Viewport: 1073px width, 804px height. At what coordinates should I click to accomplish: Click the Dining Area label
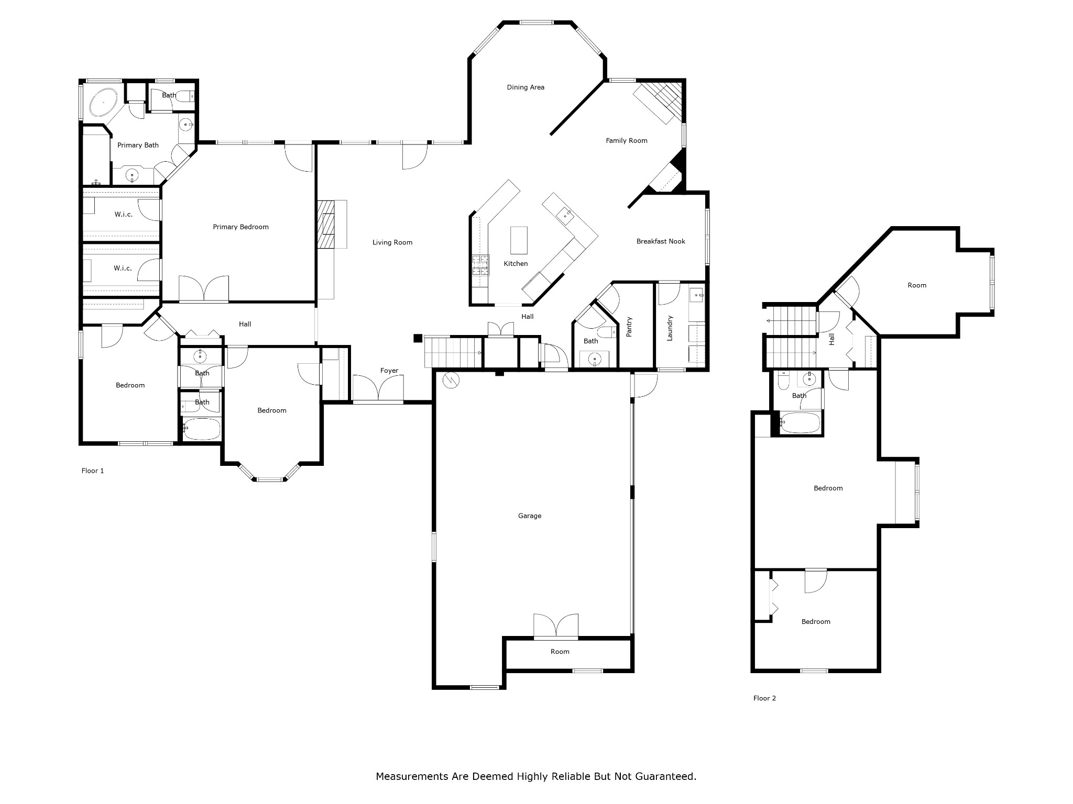point(525,87)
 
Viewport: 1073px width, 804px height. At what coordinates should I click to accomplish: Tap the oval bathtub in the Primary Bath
point(104,102)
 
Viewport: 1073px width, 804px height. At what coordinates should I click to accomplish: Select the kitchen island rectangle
point(519,240)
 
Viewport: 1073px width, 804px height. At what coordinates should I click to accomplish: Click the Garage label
point(529,516)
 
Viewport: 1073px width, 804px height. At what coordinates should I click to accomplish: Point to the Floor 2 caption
point(764,698)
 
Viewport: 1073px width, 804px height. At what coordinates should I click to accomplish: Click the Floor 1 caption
point(93,471)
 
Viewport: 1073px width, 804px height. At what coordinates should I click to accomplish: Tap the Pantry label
point(630,327)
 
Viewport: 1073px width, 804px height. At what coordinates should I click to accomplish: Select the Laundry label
point(670,328)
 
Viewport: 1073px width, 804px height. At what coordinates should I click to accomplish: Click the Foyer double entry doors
point(378,388)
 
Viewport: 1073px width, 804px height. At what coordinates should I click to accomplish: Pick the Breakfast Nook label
point(661,241)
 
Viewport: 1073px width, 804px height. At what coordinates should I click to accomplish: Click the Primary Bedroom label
point(240,227)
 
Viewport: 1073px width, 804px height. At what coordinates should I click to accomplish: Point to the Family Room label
point(627,140)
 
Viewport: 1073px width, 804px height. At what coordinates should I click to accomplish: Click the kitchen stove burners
point(480,265)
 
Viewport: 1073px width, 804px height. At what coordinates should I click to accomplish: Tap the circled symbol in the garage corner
point(451,380)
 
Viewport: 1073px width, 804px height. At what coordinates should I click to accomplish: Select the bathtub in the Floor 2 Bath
point(800,423)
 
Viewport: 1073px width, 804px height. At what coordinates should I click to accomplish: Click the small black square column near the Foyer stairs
point(418,338)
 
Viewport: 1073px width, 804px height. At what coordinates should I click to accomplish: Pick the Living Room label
point(392,242)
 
